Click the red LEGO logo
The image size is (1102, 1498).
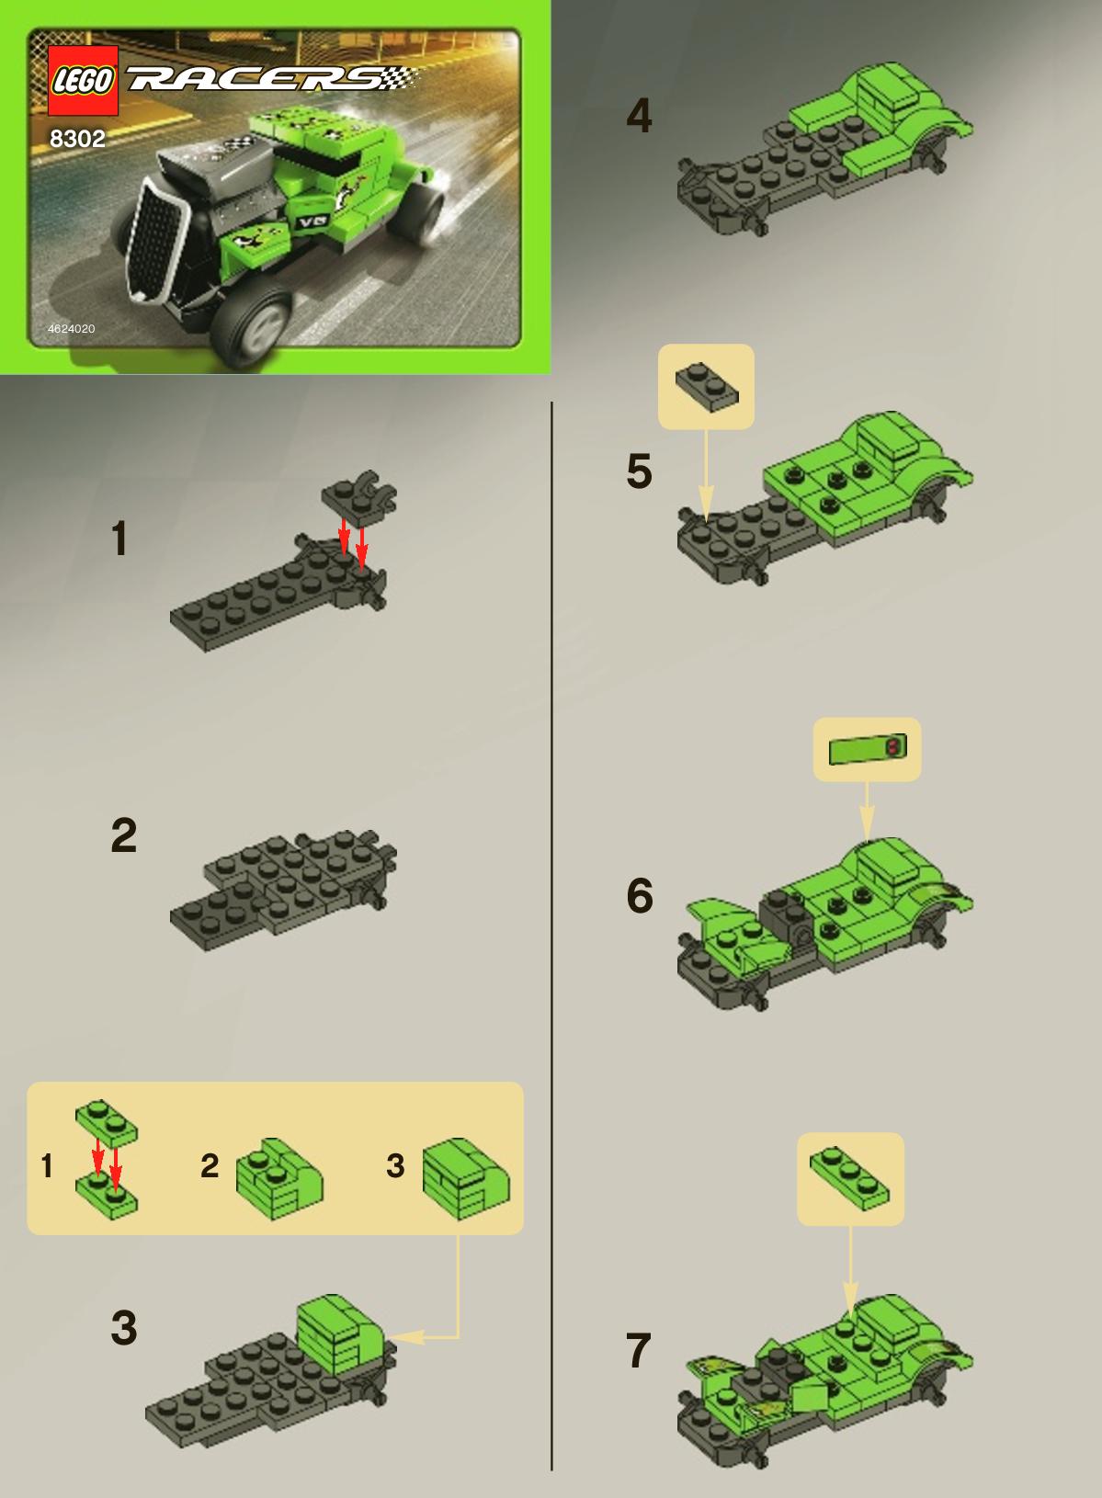(83, 81)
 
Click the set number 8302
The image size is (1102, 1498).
(77, 139)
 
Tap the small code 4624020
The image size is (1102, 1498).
(72, 328)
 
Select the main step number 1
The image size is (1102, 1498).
(119, 539)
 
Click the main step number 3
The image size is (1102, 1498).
(124, 1327)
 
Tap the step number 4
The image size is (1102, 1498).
(639, 116)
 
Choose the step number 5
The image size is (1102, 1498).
(639, 471)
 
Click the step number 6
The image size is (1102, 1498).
(640, 895)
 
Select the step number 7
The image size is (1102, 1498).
(638, 1350)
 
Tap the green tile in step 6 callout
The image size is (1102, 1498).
(868, 749)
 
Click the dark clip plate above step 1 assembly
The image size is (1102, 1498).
(359, 497)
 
